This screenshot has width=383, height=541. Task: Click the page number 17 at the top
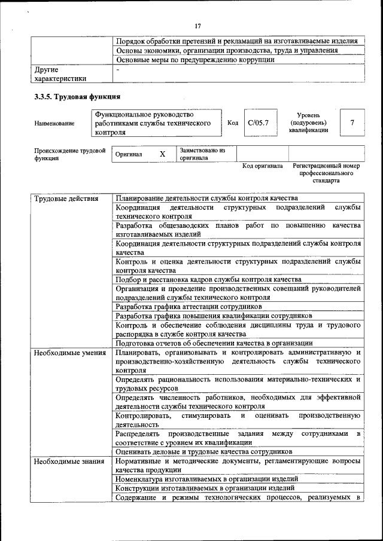coord(197,26)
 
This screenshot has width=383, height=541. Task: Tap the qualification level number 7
coord(352,123)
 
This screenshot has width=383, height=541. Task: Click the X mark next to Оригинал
coord(162,154)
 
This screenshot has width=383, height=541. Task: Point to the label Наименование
coord(54,123)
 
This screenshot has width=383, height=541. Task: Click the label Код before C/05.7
coord(233,123)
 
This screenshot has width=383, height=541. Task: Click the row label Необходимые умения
coord(66,353)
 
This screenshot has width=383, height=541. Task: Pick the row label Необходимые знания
coord(65,461)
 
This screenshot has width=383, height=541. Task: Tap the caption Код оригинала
coord(262,166)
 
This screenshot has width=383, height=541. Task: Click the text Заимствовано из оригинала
coord(202,154)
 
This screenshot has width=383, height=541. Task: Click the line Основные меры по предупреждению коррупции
coord(195,60)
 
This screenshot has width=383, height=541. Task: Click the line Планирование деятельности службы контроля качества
coord(206,198)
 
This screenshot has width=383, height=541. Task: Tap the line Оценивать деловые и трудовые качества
coord(204,451)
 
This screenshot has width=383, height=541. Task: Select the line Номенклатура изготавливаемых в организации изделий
coord(206,479)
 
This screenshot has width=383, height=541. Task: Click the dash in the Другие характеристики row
coord(118,69)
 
